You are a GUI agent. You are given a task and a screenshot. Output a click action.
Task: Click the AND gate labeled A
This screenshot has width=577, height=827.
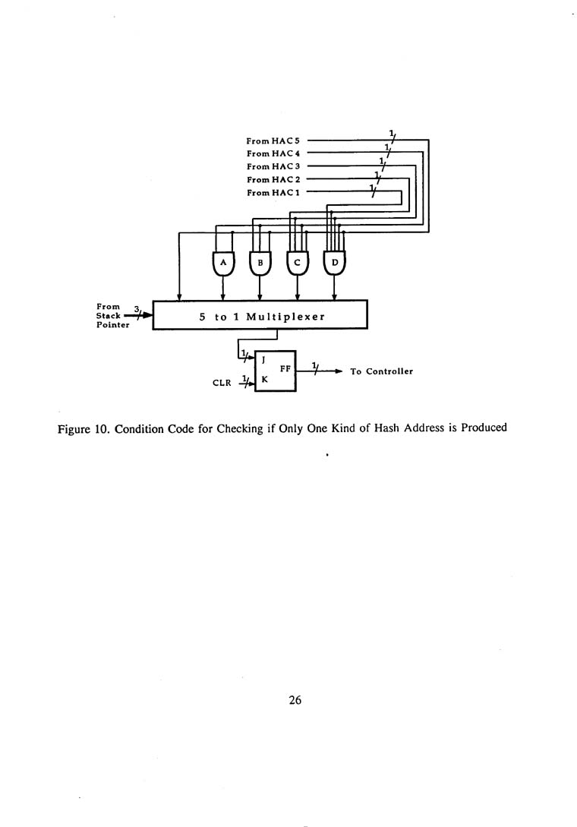(x=222, y=263)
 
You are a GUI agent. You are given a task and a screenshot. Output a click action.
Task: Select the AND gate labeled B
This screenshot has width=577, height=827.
(x=260, y=263)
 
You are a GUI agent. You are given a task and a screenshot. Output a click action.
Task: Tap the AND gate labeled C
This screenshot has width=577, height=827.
(x=298, y=263)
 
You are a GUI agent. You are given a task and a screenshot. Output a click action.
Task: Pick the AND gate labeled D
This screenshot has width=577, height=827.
(x=335, y=263)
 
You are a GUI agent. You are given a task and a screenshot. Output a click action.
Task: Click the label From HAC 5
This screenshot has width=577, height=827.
(x=273, y=140)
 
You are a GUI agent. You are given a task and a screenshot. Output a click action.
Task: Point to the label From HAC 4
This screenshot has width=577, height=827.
(x=273, y=153)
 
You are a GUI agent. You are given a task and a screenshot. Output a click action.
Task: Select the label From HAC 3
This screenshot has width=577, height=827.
(x=273, y=166)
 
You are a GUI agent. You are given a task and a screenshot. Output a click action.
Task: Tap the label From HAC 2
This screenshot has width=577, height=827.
(x=273, y=179)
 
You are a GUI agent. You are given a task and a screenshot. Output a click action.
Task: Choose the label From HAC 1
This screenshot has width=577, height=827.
(x=273, y=193)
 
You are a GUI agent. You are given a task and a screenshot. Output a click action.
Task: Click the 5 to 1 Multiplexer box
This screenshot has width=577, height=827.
(x=260, y=315)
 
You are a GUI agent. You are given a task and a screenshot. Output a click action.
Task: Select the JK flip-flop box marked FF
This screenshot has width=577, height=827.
(x=275, y=371)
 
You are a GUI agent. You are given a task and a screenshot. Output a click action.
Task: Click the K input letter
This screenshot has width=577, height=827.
(x=263, y=383)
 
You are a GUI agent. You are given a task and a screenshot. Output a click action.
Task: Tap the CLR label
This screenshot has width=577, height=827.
(x=222, y=384)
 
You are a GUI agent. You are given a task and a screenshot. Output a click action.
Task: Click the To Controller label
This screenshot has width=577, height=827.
(x=381, y=371)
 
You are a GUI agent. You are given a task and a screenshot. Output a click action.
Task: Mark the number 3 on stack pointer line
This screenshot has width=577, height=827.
(x=136, y=308)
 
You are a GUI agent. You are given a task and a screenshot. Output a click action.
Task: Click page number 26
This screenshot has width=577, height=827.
(x=295, y=701)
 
